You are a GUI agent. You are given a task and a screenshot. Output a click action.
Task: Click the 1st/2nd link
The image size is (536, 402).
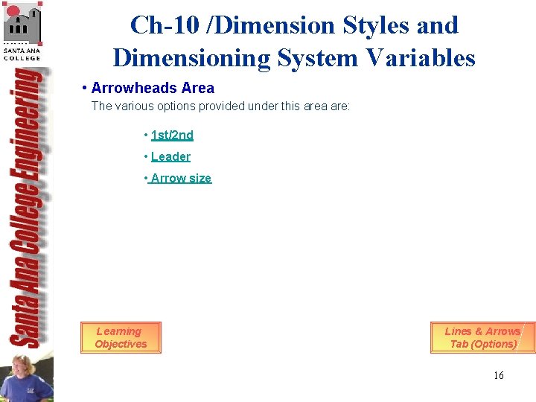coord(172,135)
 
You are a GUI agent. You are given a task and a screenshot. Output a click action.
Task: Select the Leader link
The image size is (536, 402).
coord(170,156)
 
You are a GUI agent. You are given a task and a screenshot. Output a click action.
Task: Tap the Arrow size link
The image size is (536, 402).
coord(181,178)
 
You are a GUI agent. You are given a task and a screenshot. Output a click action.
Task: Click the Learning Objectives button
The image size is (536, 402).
coord(121,337)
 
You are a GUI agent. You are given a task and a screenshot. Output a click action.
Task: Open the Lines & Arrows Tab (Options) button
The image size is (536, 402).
coord(482,337)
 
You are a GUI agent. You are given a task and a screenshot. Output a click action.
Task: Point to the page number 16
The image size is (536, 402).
coord(498,375)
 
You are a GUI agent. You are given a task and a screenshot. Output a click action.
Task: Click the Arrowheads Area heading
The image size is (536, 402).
coord(153,88)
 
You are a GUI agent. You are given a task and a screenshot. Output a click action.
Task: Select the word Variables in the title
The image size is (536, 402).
coord(427,57)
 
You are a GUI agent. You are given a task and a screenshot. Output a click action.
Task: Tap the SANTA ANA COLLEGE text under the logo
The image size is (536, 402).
coord(22,54)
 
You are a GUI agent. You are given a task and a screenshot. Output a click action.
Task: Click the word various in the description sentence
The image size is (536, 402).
coord(128,106)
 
